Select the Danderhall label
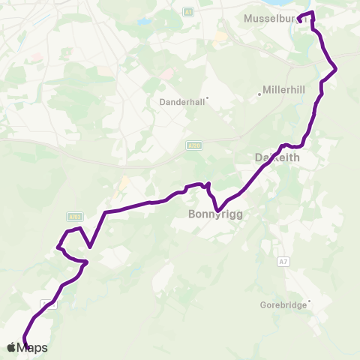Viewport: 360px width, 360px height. coord(181,101)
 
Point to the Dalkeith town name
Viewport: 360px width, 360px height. coord(277,158)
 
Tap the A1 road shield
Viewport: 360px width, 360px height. coord(188,12)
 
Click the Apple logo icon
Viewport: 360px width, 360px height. coord(11,346)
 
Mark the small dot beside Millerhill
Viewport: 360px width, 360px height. coord(259,94)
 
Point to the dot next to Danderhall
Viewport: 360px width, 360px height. coord(207,97)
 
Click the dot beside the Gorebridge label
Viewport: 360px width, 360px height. coord(308,302)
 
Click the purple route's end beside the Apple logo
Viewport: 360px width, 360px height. coord(26,346)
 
